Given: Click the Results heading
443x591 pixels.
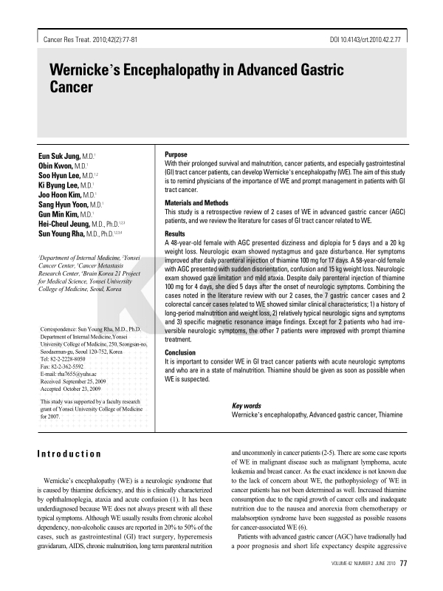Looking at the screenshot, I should tap(175, 233).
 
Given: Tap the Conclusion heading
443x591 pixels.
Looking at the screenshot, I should tap(181, 353).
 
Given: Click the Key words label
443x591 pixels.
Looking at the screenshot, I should tap(247, 406).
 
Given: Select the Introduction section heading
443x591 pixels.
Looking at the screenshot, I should tap(69, 454).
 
